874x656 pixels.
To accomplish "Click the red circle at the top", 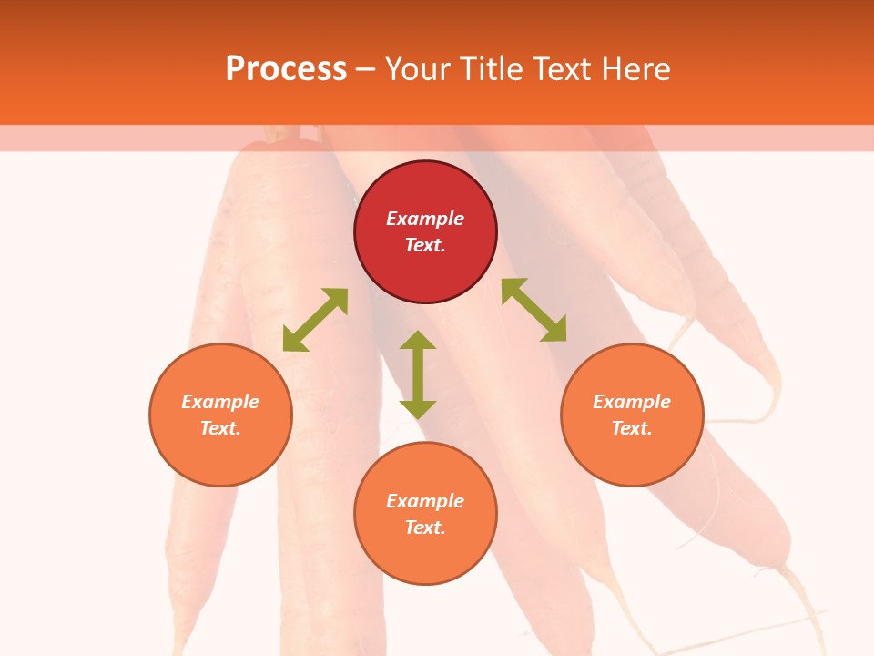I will coord(425,232).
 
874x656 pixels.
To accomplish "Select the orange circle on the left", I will coord(220,415).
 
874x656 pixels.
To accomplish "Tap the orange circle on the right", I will coord(632,415).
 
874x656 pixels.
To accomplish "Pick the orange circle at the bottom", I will coord(425,514).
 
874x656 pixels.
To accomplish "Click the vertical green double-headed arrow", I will coord(418,374).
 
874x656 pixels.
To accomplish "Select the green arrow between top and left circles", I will coord(315,320).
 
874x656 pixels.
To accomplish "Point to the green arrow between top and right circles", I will coord(534,310).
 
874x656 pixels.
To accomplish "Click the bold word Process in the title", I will coord(286,69).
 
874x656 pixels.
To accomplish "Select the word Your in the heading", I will coord(417,69).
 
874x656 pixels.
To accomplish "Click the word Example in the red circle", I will coord(425,219).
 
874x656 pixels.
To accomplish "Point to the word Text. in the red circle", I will coord(425,245).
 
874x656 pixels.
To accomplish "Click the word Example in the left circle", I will coord(220,402).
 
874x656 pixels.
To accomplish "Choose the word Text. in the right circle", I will coord(632,428).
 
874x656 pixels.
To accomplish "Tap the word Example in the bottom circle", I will coord(425,501).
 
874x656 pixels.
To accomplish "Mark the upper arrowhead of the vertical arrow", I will coord(418,340).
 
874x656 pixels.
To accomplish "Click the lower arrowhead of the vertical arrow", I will coord(418,409).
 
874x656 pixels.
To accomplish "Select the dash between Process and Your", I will coord(365,69).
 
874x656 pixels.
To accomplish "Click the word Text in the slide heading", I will coord(560,69).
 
